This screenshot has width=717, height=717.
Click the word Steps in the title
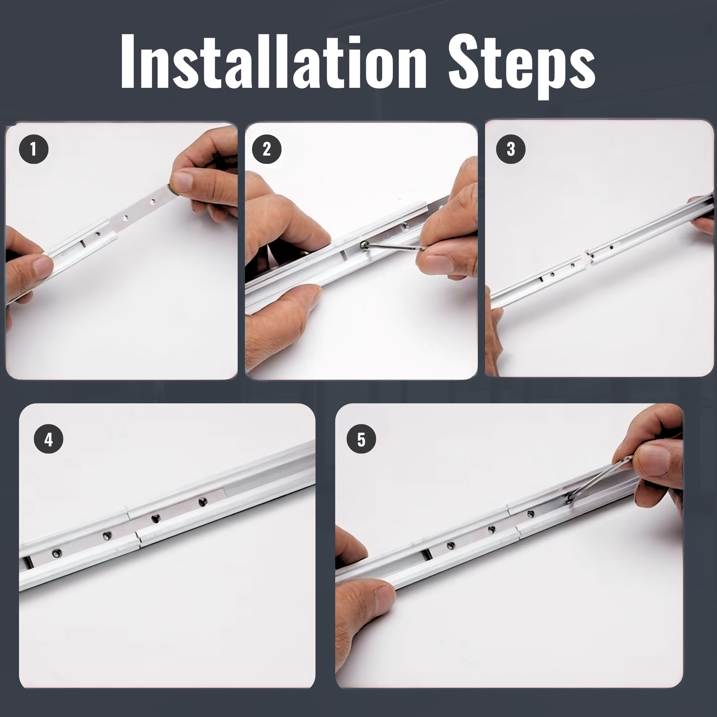tap(521, 65)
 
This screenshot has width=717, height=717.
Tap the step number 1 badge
tap(34, 149)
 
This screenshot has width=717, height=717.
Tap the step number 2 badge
tap(266, 149)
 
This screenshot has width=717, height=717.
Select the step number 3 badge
tap(511, 149)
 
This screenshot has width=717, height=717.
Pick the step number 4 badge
tap(48, 439)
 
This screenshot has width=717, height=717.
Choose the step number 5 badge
tap(361, 439)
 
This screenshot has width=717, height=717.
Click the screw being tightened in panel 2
tap(365, 245)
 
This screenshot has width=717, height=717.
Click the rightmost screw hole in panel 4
tap(202, 502)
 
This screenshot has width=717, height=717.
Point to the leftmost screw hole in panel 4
tap(56, 553)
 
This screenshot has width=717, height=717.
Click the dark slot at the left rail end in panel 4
tap(28, 562)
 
